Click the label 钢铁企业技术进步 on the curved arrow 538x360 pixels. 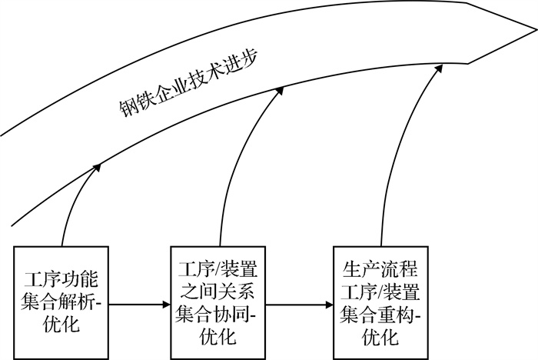tap(189, 85)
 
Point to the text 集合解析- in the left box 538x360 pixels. tap(64, 302)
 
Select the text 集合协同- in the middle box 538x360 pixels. tap(215, 313)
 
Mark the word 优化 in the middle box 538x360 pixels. tap(214, 335)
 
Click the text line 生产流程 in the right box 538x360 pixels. tap(380, 268)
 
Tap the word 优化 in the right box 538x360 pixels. tap(380, 335)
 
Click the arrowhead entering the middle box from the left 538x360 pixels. tap(165, 305)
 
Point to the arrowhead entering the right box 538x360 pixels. tap(330, 305)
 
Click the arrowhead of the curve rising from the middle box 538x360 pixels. tap(279, 91)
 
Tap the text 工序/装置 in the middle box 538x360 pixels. tap(214, 268)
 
